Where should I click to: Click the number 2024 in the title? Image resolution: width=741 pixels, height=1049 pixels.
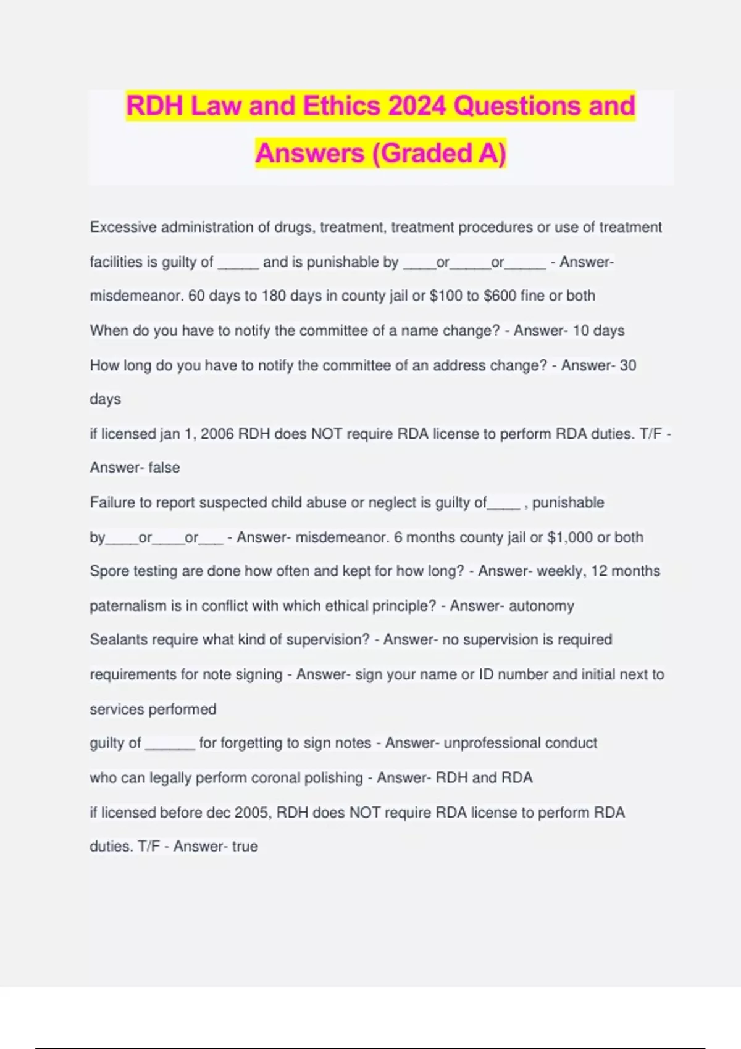tap(417, 106)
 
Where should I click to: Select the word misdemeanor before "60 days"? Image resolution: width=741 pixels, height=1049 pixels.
tap(136, 296)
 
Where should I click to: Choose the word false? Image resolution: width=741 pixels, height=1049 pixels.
tap(164, 468)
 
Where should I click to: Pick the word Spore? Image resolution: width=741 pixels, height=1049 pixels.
tap(109, 571)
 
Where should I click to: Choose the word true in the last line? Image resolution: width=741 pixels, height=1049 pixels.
tap(245, 846)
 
